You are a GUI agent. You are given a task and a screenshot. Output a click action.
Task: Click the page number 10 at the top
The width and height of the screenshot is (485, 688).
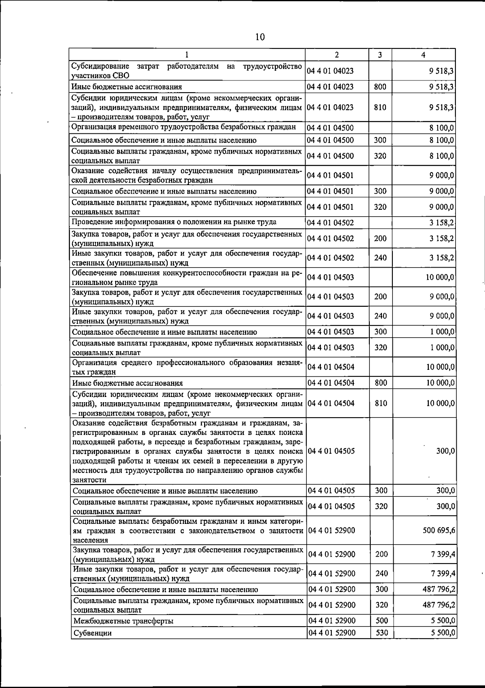(x=260, y=37)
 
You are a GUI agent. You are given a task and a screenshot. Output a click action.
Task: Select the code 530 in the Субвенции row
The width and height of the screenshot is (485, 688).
(x=382, y=633)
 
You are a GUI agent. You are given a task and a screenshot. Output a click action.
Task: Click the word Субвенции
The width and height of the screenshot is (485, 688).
(x=92, y=633)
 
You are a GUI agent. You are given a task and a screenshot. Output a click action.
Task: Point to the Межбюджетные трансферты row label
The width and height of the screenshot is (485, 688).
(x=123, y=621)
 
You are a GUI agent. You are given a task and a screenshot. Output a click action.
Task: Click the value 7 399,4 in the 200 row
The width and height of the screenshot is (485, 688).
(x=443, y=554)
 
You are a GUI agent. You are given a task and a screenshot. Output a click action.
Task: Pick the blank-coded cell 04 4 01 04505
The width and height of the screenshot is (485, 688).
(x=331, y=451)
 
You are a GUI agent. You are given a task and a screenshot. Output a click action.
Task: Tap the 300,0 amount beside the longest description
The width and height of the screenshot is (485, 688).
(x=446, y=451)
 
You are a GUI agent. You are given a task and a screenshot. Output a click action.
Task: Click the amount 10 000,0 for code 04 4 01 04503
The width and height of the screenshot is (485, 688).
(x=440, y=277)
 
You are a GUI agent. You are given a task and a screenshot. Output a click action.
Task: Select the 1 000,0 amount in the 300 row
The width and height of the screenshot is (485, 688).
(x=442, y=332)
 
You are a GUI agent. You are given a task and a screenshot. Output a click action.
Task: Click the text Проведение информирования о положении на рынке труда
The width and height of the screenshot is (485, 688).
(x=174, y=222)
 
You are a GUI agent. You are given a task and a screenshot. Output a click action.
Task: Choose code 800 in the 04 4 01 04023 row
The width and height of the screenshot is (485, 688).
(x=380, y=87)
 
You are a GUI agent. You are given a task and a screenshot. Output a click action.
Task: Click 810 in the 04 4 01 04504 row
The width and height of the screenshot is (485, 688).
(x=381, y=403)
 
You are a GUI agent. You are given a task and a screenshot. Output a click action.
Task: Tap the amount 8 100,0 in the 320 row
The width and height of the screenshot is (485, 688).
(x=442, y=156)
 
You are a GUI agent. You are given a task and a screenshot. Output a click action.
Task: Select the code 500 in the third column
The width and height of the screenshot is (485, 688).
(x=382, y=620)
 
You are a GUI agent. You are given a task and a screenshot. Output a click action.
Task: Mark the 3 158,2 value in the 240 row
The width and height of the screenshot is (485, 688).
(x=442, y=258)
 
